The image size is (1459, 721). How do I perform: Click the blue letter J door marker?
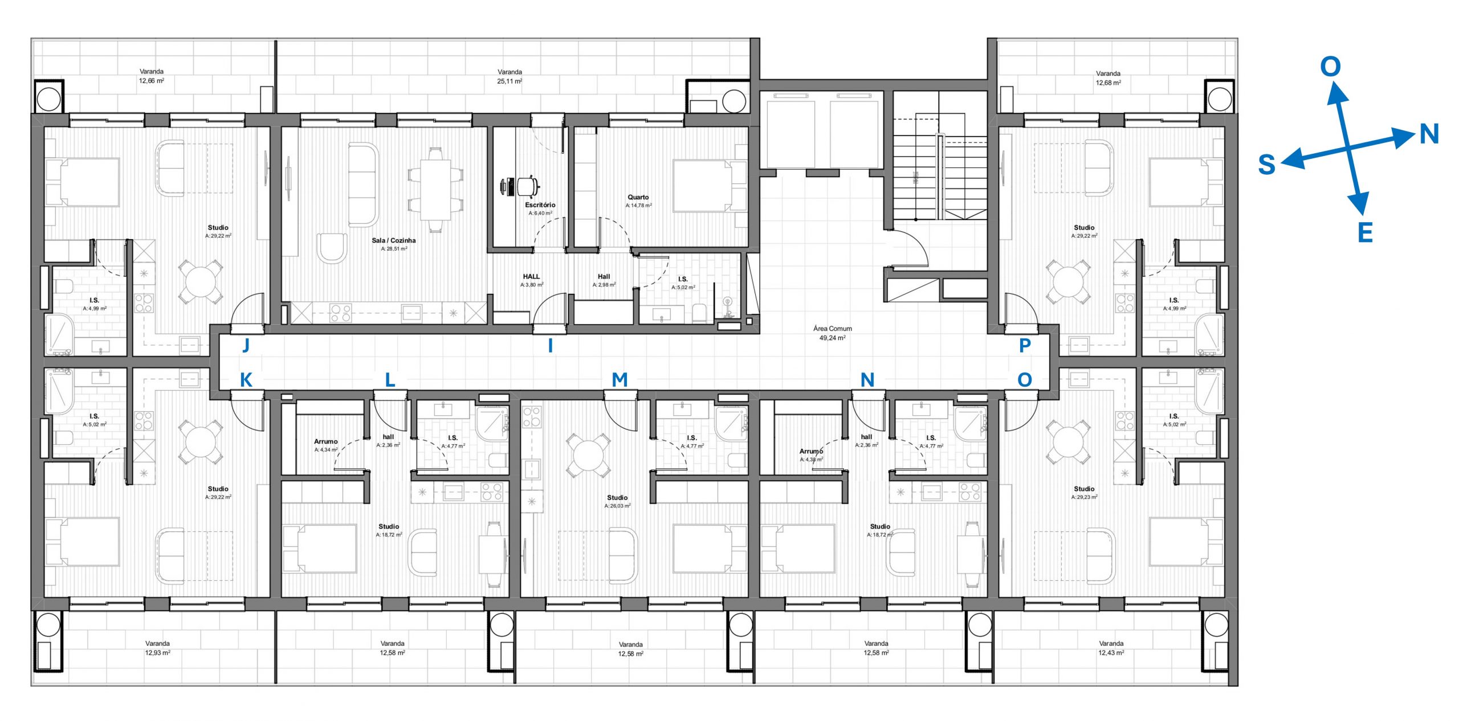(x=246, y=345)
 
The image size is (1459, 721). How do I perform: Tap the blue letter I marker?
(x=550, y=345)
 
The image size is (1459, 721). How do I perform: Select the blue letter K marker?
(x=246, y=380)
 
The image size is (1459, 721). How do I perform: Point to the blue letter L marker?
(x=390, y=380)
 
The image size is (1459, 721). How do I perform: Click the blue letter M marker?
(x=620, y=379)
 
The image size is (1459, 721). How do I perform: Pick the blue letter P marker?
(x=1025, y=345)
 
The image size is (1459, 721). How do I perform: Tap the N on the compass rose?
(x=1429, y=134)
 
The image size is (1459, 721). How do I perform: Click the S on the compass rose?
(x=1266, y=165)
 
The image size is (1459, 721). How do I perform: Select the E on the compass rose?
(x=1365, y=233)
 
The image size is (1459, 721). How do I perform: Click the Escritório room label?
(x=540, y=205)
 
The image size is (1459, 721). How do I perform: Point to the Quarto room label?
(x=638, y=197)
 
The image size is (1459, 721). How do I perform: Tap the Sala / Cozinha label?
(x=394, y=240)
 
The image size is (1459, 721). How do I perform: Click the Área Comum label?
(x=833, y=329)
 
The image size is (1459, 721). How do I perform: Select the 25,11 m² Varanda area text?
(x=510, y=81)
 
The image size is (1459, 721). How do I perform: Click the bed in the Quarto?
(x=710, y=186)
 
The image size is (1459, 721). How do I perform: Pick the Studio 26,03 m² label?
(x=617, y=502)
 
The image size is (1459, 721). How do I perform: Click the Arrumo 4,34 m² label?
(x=326, y=445)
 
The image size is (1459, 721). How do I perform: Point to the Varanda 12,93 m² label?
(x=157, y=648)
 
